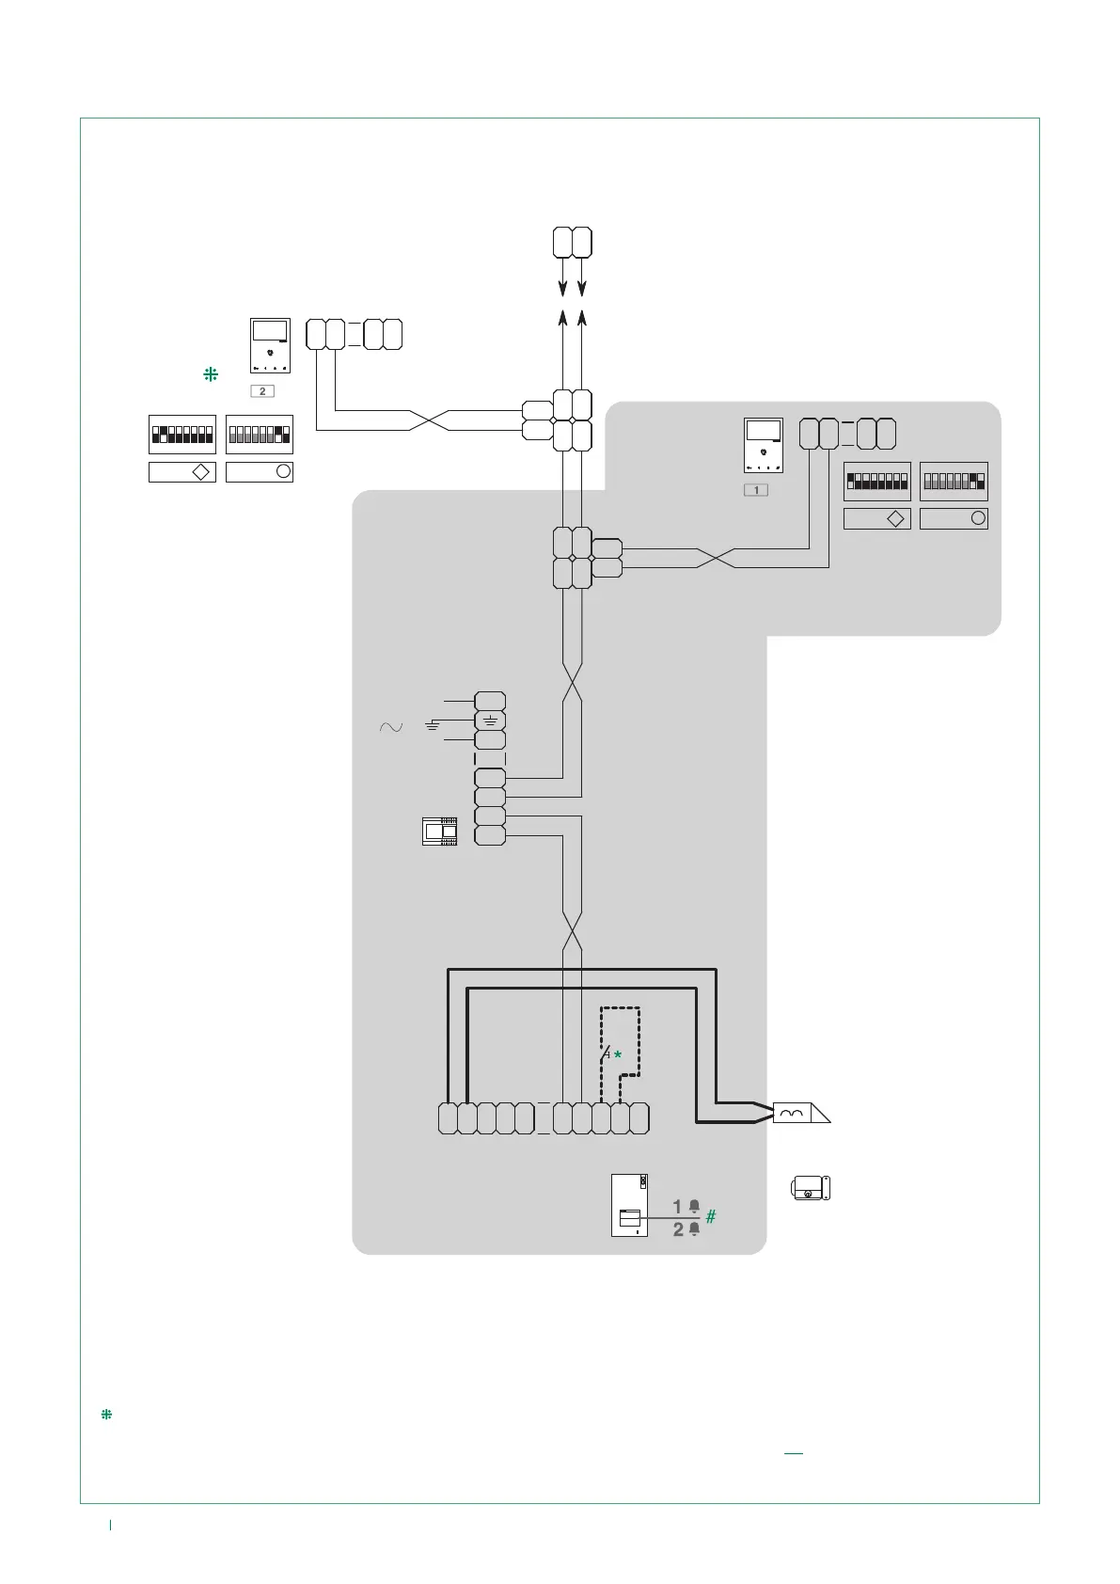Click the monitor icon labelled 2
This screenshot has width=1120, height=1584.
point(270,346)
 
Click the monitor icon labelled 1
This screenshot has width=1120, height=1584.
point(764,445)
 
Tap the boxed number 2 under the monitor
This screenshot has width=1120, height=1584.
point(262,390)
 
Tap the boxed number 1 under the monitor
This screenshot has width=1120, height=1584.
point(756,489)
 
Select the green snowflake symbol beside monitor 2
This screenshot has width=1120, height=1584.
point(211,374)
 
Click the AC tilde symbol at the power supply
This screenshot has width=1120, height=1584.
point(390,727)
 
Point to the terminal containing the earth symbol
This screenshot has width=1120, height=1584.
point(490,721)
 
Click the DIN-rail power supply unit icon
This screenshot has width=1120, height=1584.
point(440,832)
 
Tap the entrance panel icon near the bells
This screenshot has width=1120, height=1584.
point(629,1205)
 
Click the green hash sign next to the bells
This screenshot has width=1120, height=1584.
point(711,1216)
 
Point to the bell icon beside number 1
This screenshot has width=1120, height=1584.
point(695,1206)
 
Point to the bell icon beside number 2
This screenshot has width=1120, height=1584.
point(695,1228)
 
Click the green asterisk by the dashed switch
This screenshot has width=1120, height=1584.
point(618,1055)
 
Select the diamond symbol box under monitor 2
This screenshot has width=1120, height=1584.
point(182,472)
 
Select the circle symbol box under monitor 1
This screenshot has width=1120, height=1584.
point(954,518)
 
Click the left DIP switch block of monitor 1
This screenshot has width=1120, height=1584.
point(877,482)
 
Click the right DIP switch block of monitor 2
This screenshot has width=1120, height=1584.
point(260,435)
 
